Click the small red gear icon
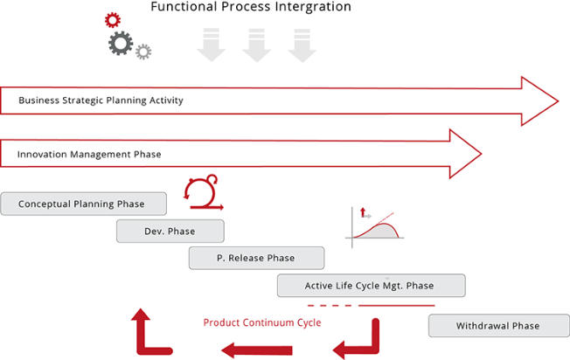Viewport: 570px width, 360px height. pos(113,20)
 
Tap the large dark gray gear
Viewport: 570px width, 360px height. pos(121,43)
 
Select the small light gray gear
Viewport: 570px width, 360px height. pos(143,52)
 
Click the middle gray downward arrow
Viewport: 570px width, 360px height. pos(257,45)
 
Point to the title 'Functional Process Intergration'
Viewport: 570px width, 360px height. pos(251,6)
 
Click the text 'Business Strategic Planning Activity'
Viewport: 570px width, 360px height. pos(101,100)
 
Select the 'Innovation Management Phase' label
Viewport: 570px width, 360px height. pos(89,155)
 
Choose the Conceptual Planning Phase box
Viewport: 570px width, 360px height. pos(84,204)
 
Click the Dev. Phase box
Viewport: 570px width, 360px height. pos(170,231)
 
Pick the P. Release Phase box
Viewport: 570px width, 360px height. pos(256,258)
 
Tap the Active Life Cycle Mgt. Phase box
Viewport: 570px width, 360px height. pos(372,286)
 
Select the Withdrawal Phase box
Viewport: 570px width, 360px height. pos(498,326)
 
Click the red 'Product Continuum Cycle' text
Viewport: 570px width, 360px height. pos(262,322)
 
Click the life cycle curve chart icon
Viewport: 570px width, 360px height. pos(374,228)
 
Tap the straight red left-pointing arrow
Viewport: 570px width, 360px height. pos(257,350)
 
